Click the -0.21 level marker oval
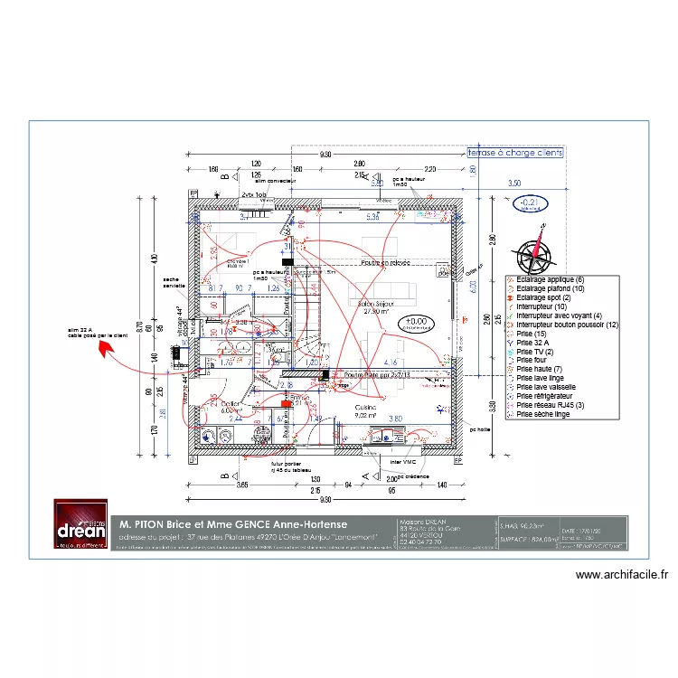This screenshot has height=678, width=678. [x=532, y=203]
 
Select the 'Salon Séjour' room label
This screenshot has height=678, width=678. [x=377, y=305]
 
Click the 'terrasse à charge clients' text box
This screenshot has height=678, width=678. [x=514, y=154]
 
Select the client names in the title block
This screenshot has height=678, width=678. [x=233, y=524]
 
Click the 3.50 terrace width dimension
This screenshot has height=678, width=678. [x=513, y=184]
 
